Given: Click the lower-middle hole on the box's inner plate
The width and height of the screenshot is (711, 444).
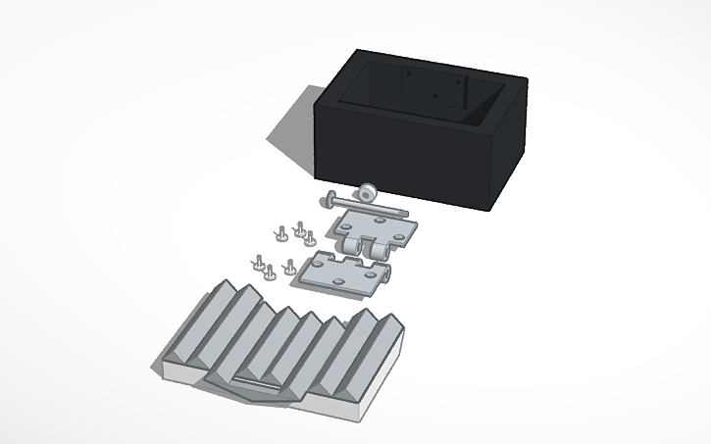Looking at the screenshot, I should (x=435, y=96).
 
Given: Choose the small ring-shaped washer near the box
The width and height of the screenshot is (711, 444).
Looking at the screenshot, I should (x=368, y=190).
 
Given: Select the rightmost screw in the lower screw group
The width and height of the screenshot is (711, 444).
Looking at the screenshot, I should (x=290, y=265).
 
